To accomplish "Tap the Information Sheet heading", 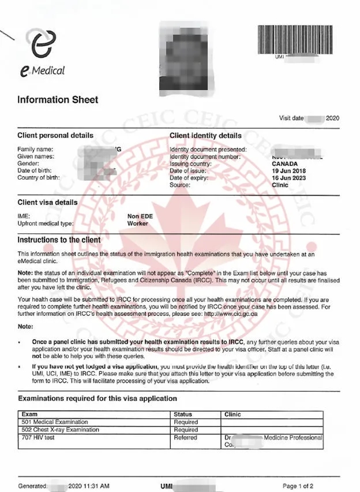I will (x=58, y=100).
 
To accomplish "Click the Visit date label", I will (x=292, y=118).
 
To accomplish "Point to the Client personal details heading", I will (x=55, y=136).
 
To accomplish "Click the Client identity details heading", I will (x=205, y=136).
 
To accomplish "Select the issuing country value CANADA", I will (x=285, y=163).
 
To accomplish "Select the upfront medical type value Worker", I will (x=138, y=223).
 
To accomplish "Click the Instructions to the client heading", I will (x=59, y=240).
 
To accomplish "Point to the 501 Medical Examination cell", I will (x=55, y=422).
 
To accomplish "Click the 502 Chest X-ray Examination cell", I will (x=60, y=430).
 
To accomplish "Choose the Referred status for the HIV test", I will (x=185, y=438).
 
